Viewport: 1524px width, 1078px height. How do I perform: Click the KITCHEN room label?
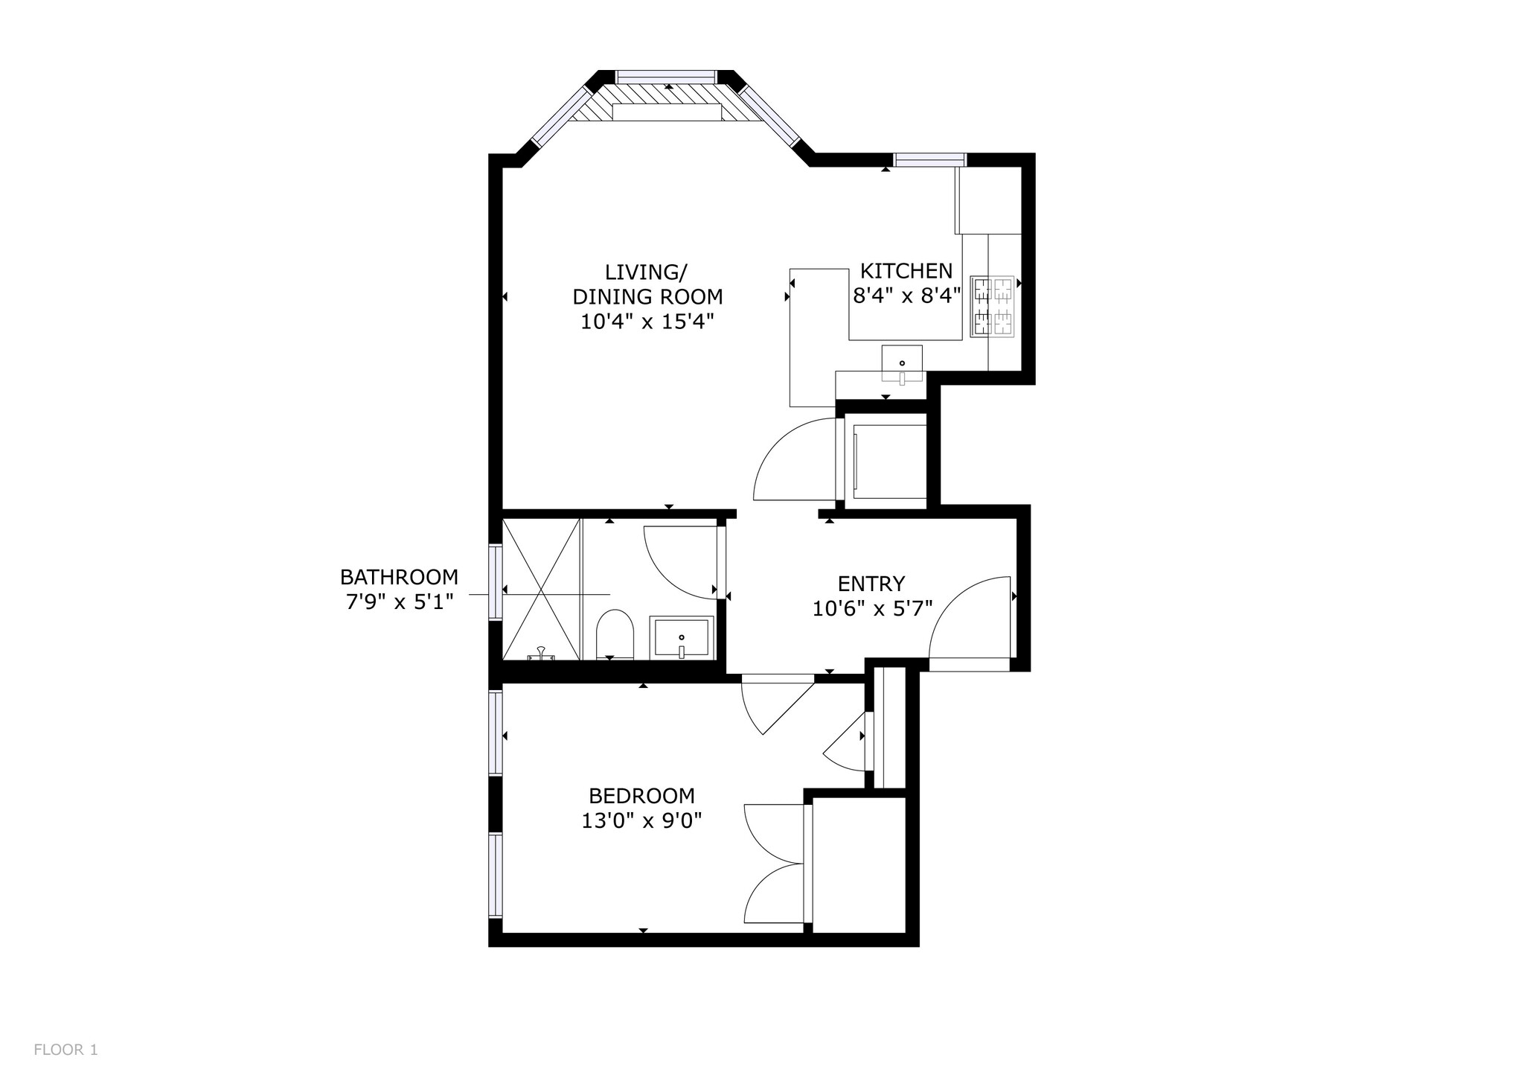(x=906, y=270)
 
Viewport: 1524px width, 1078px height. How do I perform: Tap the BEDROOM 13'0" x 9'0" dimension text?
(x=641, y=821)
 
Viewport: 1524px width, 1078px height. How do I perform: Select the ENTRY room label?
(x=871, y=583)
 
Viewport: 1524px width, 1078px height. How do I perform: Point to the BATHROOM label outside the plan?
(x=399, y=577)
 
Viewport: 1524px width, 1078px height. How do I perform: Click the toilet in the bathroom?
(x=614, y=634)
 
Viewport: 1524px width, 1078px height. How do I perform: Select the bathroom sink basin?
(x=682, y=638)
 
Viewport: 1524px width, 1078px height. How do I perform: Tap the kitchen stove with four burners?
(x=993, y=307)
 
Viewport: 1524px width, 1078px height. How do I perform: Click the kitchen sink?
(x=902, y=364)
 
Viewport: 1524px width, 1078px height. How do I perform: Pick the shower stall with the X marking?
(x=541, y=590)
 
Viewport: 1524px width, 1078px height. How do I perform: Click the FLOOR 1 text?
(x=65, y=1050)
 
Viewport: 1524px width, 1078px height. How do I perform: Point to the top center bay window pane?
(x=666, y=76)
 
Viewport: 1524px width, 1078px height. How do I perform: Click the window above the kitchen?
(x=929, y=159)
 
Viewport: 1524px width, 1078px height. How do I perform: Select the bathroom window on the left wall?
(x=495, y=582)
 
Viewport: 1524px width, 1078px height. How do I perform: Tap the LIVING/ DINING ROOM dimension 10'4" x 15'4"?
(x=647, y=322)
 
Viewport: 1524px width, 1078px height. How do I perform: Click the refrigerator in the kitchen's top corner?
(x=988, y=200)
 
